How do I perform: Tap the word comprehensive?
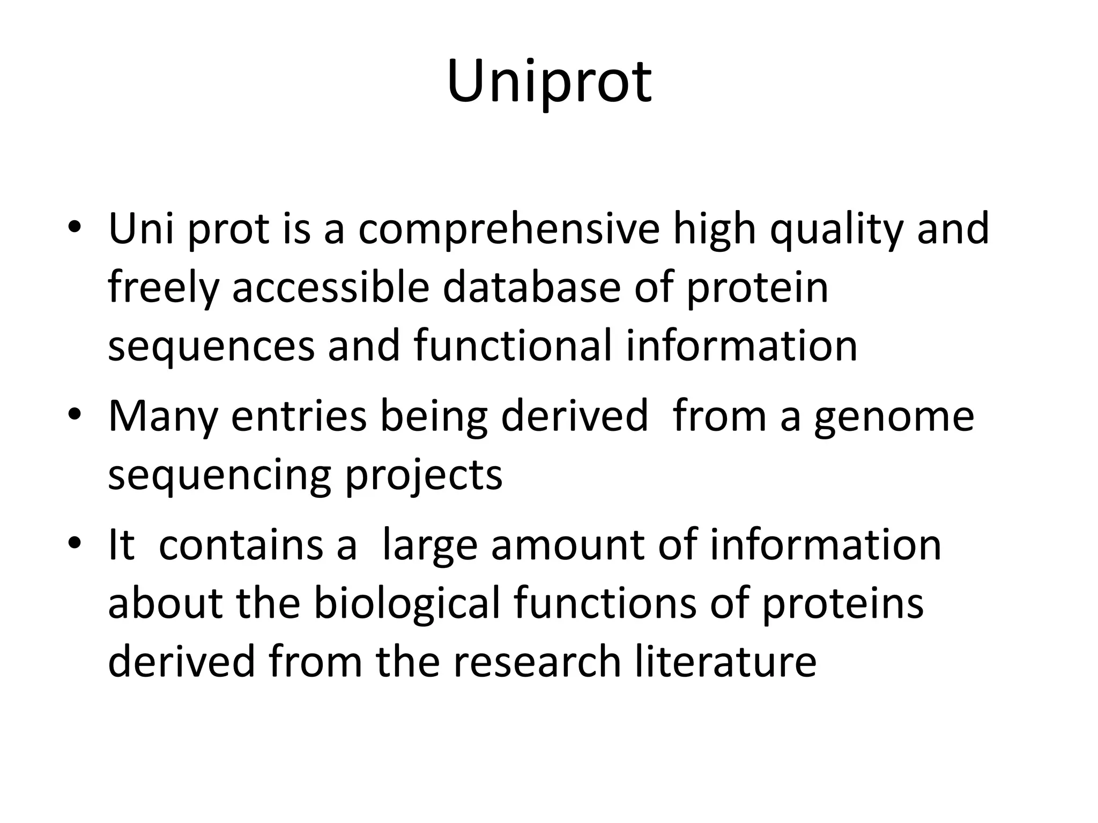click(509, 229)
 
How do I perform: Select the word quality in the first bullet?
click(837, 229)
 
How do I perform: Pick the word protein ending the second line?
click(757, 288)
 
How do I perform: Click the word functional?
click(513, 346)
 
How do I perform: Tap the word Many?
click(162, 417)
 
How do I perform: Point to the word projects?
click(424, 475)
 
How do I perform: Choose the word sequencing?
click(219, 475)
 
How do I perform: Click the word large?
click(429, 545)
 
